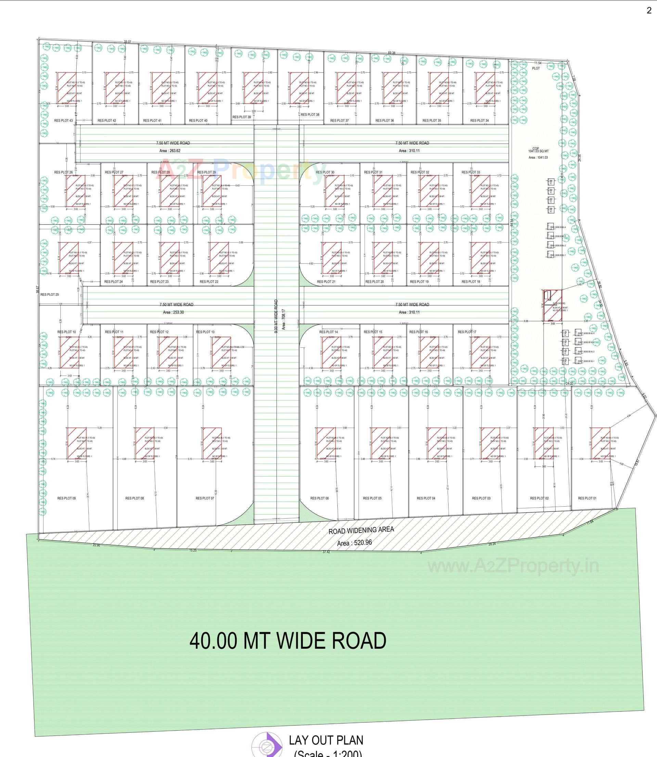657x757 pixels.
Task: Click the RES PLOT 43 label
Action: (x=63, y=120)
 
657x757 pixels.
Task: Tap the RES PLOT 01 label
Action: (x=587, y=498)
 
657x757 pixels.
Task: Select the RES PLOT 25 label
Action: (x=50, y=294)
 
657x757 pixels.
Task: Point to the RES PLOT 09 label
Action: (x=66, y=498)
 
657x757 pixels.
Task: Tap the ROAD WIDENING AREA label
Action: (x=361, y=530)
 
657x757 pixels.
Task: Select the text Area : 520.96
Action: (x=354, y=543)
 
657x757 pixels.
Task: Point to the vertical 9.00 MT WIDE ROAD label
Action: (x=276, y=316)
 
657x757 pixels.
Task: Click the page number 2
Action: (x=649, y=11)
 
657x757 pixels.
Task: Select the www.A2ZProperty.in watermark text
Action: (x=513, y=566)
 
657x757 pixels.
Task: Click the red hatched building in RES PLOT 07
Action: (x=212, y=443)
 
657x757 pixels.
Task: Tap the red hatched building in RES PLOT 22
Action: (x=219, y=258)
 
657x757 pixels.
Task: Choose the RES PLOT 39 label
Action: (x=242, y=117)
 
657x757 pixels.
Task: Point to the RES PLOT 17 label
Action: (x=467, y=332)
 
